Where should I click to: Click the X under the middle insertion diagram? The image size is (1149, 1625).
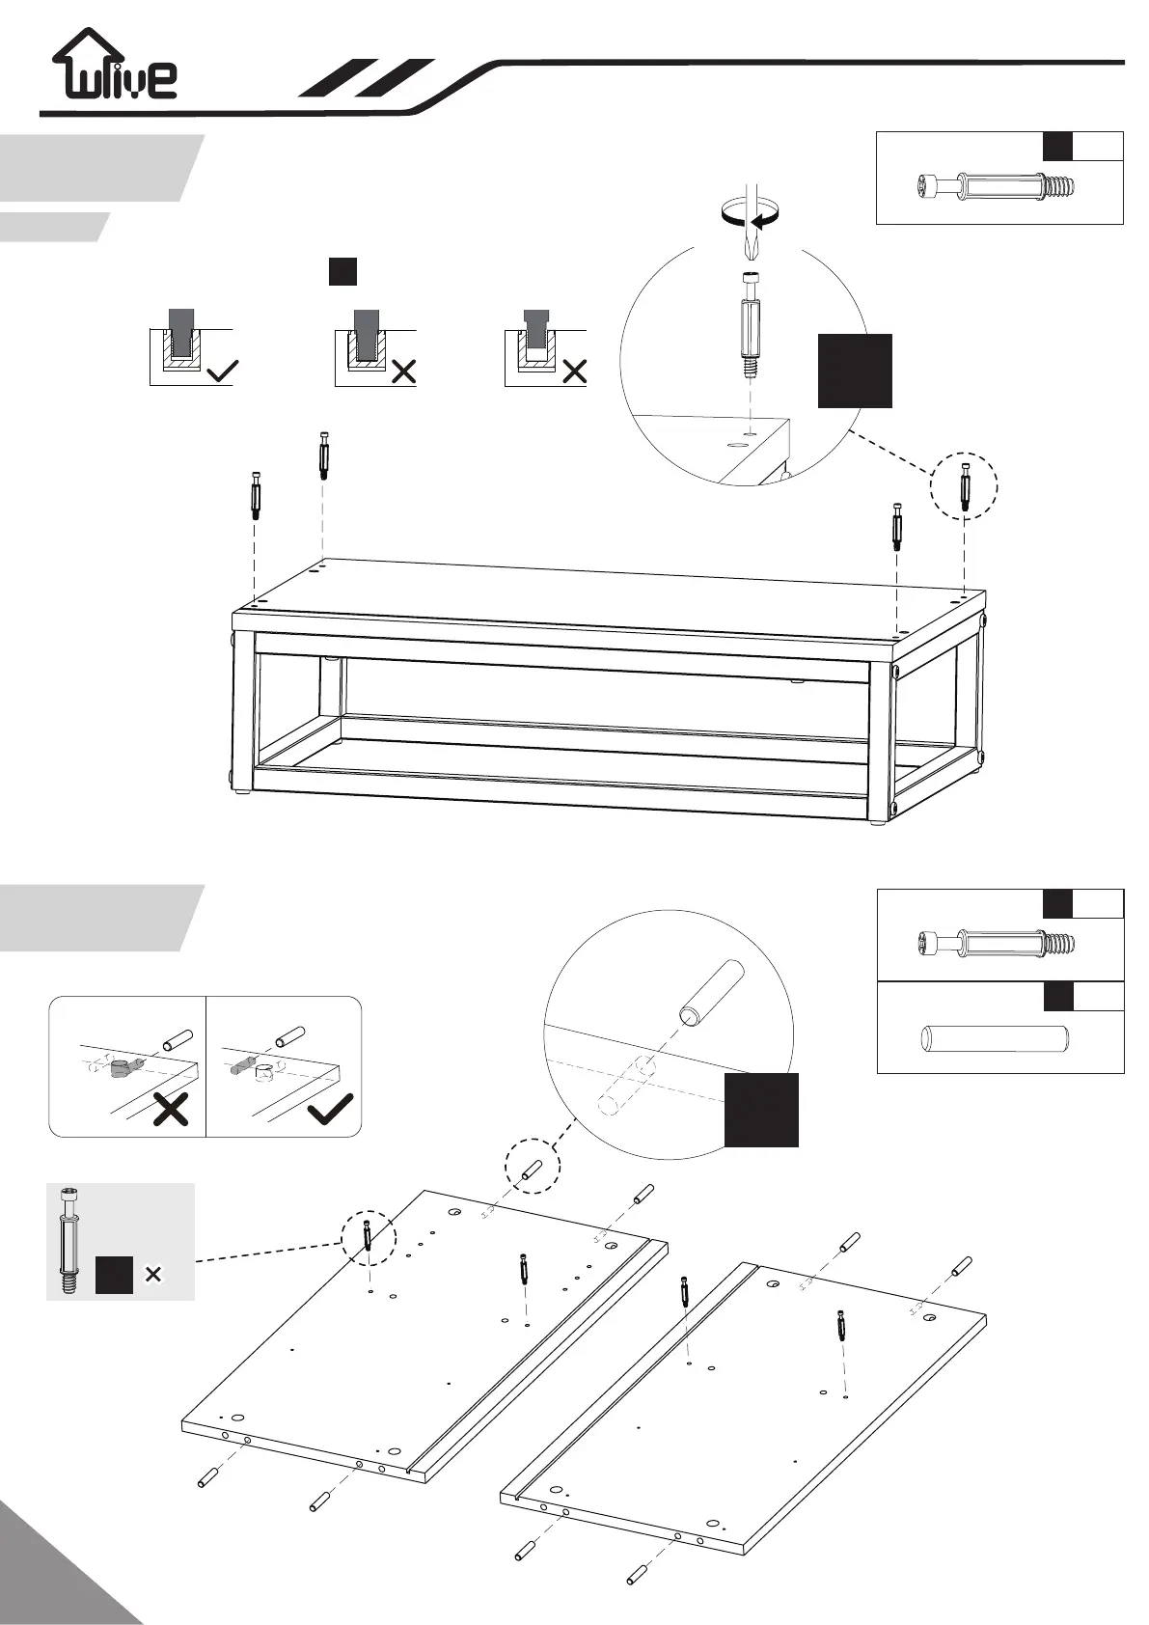pos(403,371)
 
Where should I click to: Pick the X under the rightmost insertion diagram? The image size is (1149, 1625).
pos(574,371)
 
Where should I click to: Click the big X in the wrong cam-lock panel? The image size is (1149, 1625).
pos(170,1110)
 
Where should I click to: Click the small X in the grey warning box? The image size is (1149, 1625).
pos(152,1275)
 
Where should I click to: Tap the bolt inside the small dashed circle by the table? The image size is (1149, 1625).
pos(965,486)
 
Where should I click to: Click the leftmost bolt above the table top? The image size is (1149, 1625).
pos(257,494)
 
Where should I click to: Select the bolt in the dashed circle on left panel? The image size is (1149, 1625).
pos(368,1236)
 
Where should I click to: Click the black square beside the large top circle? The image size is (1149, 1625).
pos(855,371)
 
